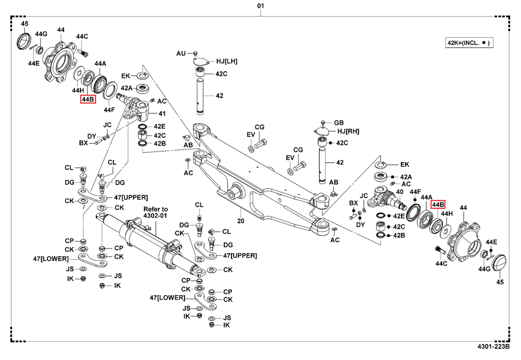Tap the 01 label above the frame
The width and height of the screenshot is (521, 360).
[x=260, y=6]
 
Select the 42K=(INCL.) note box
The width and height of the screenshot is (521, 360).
[x=469, y=43]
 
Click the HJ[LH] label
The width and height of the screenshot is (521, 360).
[x=226, y=61]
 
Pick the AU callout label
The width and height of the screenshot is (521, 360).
[x=181, y=53]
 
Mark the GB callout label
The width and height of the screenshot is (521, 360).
[x=338, y=123]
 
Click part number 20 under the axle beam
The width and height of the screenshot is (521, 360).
[x=240, y=221]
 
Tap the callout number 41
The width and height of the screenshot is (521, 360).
[x=162, y=113]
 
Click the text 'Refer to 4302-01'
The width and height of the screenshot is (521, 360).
[x=156, y=213]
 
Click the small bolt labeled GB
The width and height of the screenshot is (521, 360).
[x=324, y=123]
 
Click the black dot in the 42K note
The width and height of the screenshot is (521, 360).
[x=483, y=43]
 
